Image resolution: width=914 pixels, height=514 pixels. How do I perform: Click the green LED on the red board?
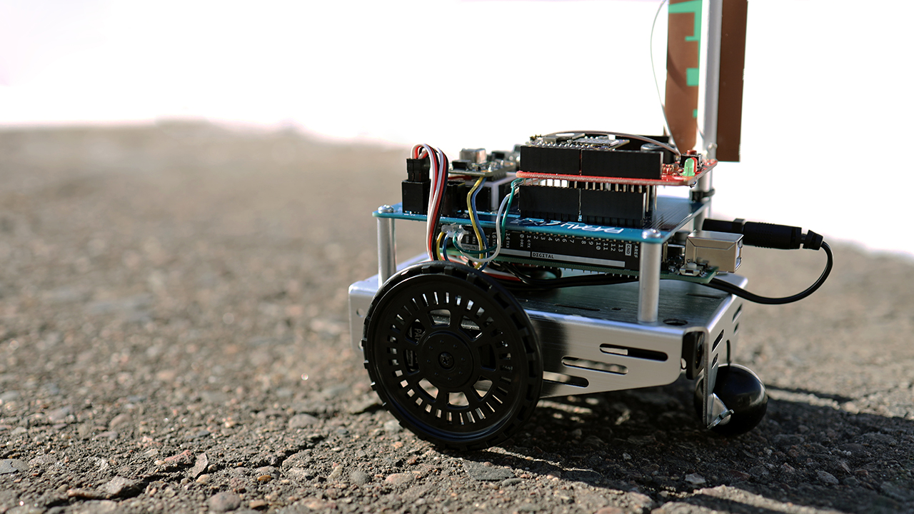(x=688, y=167)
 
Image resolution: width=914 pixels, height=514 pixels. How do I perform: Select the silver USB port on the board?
(x=713, y=251)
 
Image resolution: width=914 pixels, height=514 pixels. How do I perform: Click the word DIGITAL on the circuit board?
(x=543, y=255)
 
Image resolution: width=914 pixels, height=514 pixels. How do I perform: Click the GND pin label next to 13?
(x=624, y=248)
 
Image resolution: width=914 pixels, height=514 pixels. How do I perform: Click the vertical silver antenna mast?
(x=710, y=86)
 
